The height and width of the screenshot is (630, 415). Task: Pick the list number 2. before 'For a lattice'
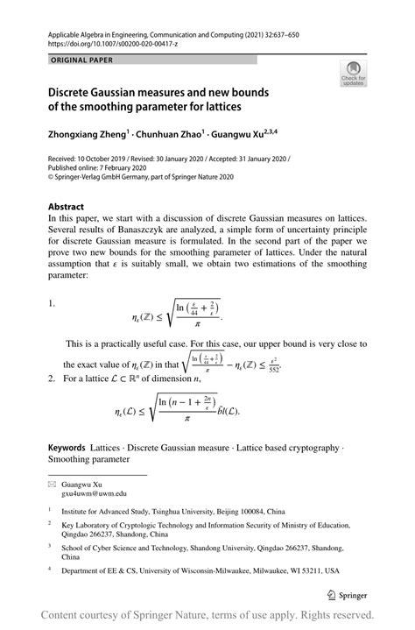(53, 379)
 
